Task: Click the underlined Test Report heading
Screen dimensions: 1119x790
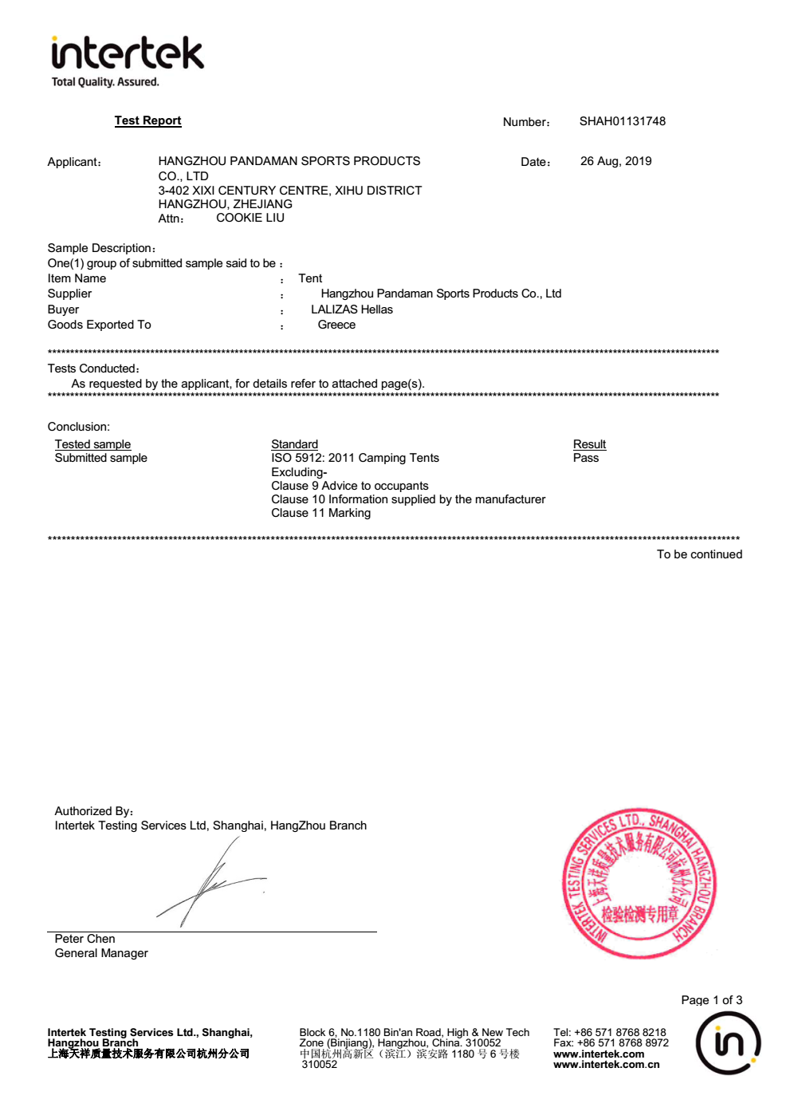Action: (147, 120)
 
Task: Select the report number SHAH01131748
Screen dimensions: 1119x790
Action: (622, 121)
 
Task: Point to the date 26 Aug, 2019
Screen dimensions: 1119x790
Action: (615, 161)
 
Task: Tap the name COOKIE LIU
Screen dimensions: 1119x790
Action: (250, 218)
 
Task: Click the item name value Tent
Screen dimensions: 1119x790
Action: (310, 278)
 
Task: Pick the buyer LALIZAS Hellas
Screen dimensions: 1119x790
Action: (352, 309)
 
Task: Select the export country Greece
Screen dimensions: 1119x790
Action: (336, 325)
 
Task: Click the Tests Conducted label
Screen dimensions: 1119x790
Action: (93, 368)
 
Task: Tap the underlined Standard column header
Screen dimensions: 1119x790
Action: (294, 444)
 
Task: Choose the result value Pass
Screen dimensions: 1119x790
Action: (585, 458)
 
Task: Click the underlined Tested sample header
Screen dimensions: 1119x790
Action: (92, 444)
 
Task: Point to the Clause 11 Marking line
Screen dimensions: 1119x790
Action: (320, 513)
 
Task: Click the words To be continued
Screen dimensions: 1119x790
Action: (699, 554)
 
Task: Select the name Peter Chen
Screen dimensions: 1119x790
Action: (85, 939)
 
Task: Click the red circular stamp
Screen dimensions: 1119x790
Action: (639, 883)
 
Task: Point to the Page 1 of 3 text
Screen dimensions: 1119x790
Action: (711, 1000)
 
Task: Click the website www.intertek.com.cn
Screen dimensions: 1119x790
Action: (606, 1065)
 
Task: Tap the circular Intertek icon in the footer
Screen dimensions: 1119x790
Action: (728, 1042)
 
